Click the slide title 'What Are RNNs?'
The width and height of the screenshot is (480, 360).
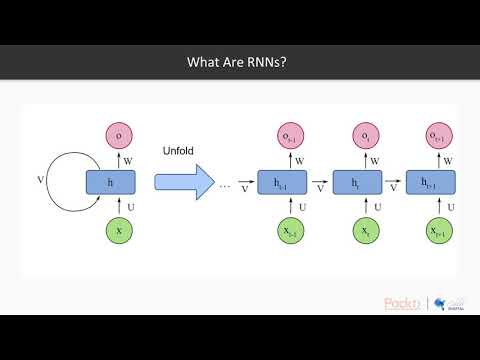pyautogui.click(x=239, y=62)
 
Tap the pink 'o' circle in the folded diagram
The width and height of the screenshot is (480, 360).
pyautogui.click(x=119, y=136)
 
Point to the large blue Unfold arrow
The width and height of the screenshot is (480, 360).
pyautogui.click(x=185, y=183)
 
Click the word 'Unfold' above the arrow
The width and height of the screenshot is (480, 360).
pyautogui.click(x=176, y=151)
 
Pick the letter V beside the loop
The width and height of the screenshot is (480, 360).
pyautogui.click(x=40, y=181)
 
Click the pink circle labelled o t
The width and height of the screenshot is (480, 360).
pyautogui.click(x=364, y=136)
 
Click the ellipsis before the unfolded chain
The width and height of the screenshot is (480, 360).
pyautogui.click(x=225, y=185)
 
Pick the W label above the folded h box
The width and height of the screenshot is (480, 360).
pyautogui.click(x=128, y=159)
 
